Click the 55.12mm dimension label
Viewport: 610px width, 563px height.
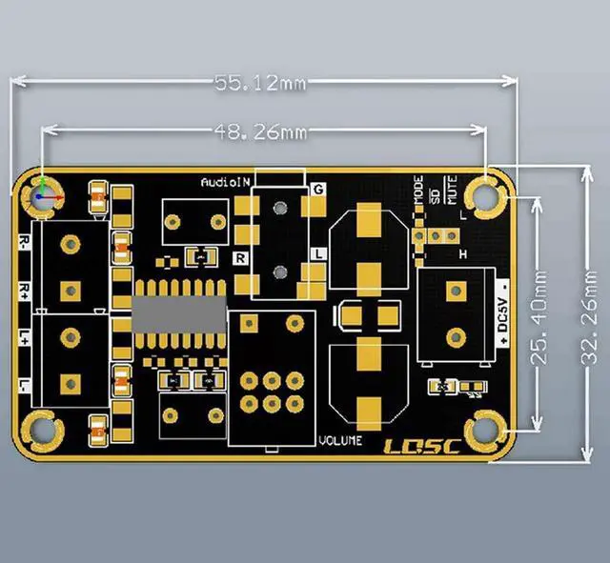click(x=259, y=84)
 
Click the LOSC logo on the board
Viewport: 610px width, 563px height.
click(x=421, y=447)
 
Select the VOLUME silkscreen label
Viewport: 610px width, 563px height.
click(x=340, y=440)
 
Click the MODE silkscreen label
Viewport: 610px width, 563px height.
click(x=419, y=188)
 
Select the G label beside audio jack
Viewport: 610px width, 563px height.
click(x=317, y=190)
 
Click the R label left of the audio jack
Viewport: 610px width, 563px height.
click(x=240, y=257)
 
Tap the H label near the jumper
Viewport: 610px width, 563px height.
click(x=462, y=254)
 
